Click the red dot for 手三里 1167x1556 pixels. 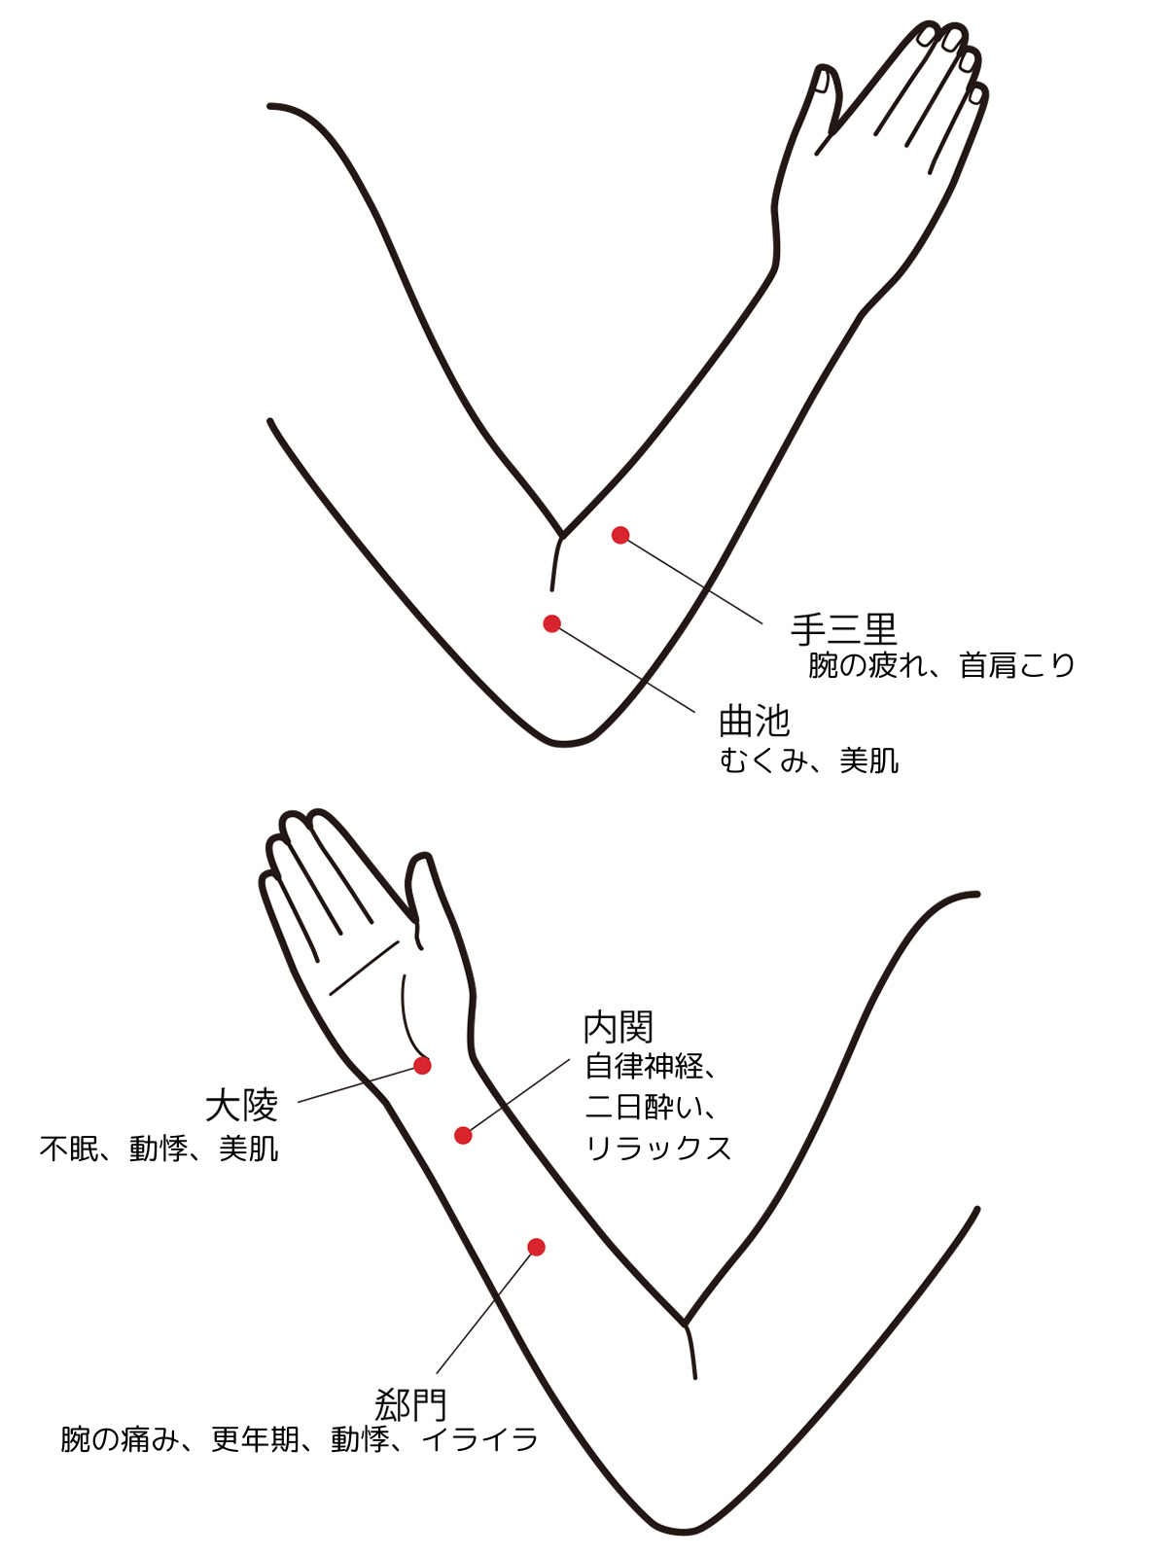(620, 535)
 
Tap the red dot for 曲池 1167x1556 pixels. (552, 623)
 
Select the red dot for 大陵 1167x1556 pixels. (422, 1065)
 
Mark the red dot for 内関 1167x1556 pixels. (463, 1136)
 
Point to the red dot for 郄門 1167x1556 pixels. (537, 1247)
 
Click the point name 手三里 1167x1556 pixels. (843, 629)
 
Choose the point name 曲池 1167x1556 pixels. (754, 722)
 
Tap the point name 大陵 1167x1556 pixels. (241, 1105)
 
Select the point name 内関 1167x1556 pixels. (618, 1027)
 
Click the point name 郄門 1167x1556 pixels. (411, 1404)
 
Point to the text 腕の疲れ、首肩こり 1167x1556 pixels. (941, 665)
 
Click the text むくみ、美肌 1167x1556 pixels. (809, 760)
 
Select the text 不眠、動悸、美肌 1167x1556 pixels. (159, 1149)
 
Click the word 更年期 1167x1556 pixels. (255, 1439)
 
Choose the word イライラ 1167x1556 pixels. (479, 1439)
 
